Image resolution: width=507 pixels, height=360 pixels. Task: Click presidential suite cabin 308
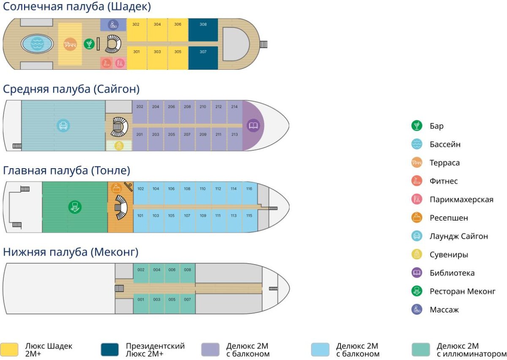click(x=203, y=30)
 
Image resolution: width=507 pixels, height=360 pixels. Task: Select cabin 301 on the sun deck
click(x=136, y=58)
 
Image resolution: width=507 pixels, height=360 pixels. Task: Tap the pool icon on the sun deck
click(x=37, y=44)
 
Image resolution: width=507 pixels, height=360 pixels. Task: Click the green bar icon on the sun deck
click(x=89, y=44)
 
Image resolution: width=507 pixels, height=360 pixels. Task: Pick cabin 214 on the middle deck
click(x=234, y=112)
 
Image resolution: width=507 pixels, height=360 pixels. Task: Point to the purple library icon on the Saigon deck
click(x=253, y=125)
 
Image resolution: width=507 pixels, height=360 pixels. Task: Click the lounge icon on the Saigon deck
click(x=63, y=125)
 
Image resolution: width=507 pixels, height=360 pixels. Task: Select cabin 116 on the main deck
click(x=249, y=194)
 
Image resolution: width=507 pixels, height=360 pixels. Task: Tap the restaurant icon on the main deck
click(x=75, y=207)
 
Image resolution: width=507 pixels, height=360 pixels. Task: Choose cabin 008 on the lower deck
click(x=188, y=273)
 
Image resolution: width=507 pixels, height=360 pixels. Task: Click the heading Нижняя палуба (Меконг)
click(x=71, y=253)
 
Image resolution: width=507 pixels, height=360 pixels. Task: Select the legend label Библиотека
click(x=452, y=273)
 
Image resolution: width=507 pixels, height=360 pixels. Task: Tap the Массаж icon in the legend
click(x=417, y=310)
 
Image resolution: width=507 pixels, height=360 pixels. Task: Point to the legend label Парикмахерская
click(x=461, y=199)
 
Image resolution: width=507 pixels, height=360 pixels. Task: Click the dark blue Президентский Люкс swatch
click(x=110, y=349)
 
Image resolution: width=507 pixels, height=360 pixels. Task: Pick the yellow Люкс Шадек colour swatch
click(x=9, y=349)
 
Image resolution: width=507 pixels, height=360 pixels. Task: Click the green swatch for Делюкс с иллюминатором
click(x=420, y=349)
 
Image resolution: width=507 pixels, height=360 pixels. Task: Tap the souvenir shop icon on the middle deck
click(x=119, y=146)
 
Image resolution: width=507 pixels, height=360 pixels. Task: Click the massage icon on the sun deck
click(x=113, y=25)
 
